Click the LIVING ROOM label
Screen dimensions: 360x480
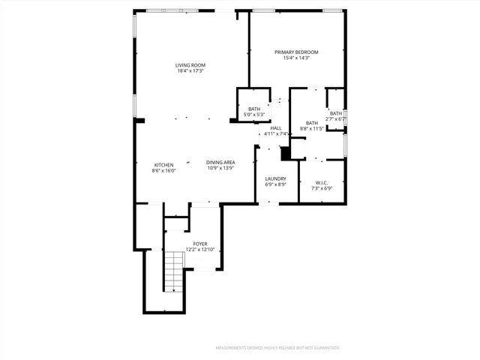[190, 65]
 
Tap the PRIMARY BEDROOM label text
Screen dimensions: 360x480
[296, 52]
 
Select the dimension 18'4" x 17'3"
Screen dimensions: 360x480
[190, 71]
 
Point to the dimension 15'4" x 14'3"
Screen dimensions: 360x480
[296, 58]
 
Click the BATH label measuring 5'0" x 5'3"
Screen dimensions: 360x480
[254, 109]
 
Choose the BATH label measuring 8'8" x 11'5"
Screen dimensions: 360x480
[312, 123]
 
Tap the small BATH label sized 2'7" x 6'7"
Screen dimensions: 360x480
[335, 113]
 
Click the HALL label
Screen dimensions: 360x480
[276, 128]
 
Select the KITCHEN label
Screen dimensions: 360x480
[164, 165]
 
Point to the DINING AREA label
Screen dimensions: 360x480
[221, 163]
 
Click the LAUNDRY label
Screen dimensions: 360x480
[276, 178]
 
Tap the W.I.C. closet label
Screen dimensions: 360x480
[322, 182]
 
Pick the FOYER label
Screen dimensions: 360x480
[200, 243]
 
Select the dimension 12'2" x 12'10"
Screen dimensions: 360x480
[200, 249]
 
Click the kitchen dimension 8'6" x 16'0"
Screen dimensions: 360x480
[164, 171]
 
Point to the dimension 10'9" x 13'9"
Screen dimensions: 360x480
[221, 169]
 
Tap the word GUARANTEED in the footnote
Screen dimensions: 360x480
[325, 348]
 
